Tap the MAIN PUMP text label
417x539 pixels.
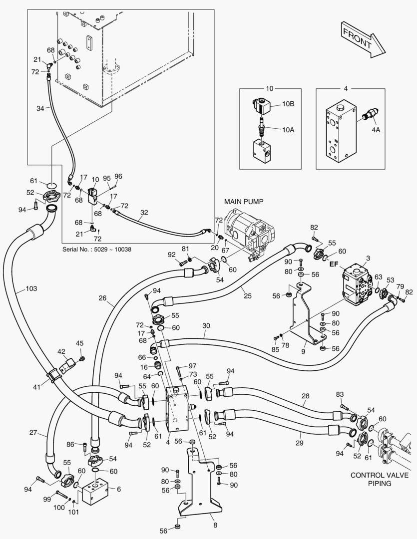click(x=244, y=202)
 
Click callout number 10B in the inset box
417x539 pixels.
click(x=289, y=105)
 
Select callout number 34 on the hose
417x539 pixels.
click(x=40, y=107)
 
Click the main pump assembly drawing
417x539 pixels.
click(x=247, y=232)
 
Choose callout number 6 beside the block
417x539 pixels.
click(x=119, y=489)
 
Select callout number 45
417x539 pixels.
click(x=79, y=343)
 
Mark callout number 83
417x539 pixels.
click(x=340, y=394)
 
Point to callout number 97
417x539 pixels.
click(x=192, y=366)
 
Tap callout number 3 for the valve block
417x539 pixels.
click(x=369, y=258)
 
